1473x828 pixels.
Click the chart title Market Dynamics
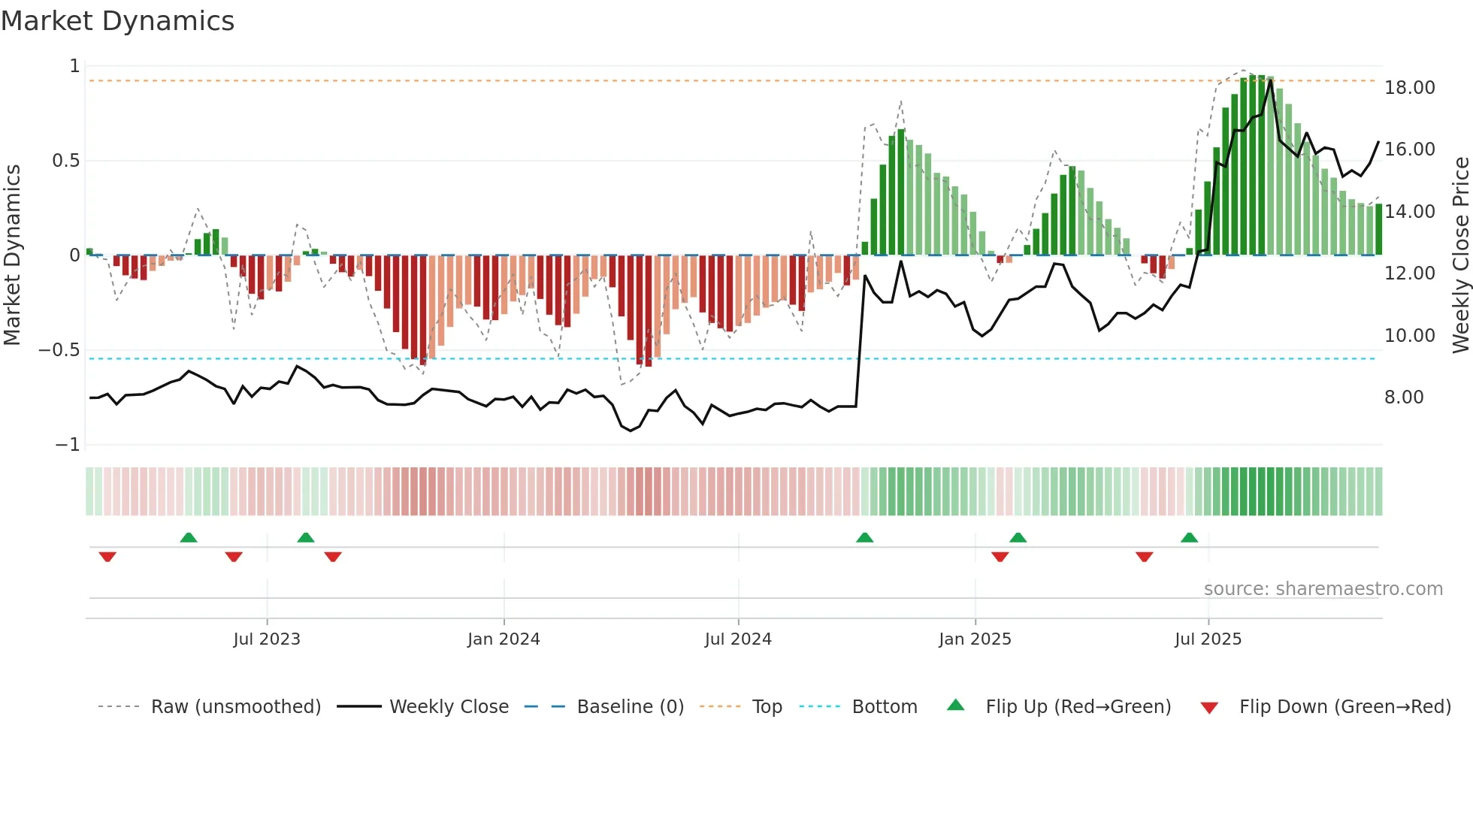[x=117, y=21]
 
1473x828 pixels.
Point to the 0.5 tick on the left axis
[x=65, y=161]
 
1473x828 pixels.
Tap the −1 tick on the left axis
[x=67, y=445]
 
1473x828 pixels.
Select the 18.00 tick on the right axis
[x=1410, y=88]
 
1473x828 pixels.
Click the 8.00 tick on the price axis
[x=1404, y=397]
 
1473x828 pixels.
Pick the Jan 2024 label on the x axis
[x=504, y=639]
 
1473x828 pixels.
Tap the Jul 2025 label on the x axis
[x=1208, y=639]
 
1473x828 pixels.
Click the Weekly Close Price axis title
[x=1460, y=255]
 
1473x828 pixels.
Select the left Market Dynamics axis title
[x=12, y=255]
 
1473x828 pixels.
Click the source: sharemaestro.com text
[x=1323, y=589]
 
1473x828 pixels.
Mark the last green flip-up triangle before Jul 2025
[x=1189, y=537]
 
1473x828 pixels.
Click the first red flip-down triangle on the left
[x=107, y=557]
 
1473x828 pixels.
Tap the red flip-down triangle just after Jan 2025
[x=1000, y=557]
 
